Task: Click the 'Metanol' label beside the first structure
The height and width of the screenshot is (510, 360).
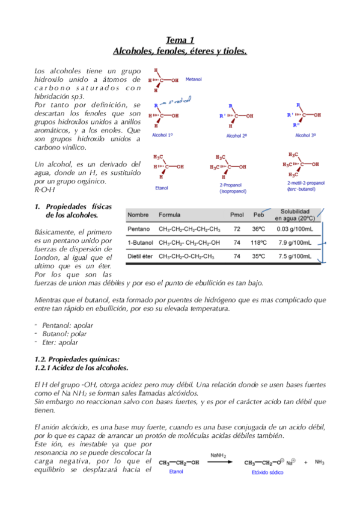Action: click(194, 78)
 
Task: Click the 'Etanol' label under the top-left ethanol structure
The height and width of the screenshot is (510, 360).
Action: click(161, 188)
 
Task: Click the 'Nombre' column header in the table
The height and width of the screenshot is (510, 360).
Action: click(138, 214)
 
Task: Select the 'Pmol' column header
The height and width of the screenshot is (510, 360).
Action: click(237, 214)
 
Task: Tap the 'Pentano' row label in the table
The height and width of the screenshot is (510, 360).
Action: click(139, 229)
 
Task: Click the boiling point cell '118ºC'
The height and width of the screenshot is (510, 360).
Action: click(258, 242)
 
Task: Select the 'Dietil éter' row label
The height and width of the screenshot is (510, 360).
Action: click(142, 256)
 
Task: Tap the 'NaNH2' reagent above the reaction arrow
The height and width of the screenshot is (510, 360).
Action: click(219, 455)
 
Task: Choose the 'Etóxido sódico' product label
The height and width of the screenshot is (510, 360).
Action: click(267, 473)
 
